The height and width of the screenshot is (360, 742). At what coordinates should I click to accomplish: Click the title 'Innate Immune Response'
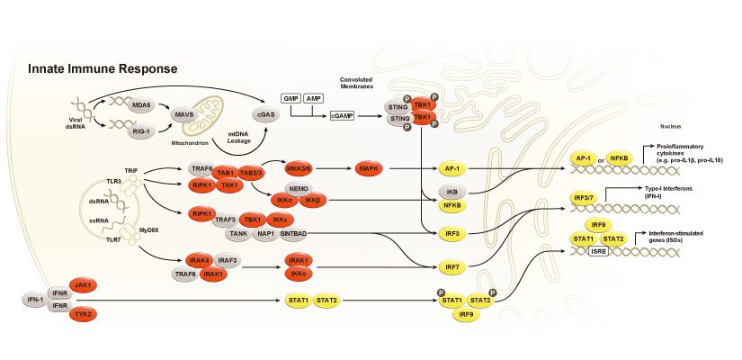[102, 69]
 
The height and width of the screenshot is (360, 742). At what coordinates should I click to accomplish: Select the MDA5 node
[141, 105]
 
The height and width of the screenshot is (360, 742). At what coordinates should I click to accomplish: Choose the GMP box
[291, 96]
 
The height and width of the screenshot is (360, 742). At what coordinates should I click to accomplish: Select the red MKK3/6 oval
[298, 168]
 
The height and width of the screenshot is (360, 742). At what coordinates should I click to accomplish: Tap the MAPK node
[371, 168]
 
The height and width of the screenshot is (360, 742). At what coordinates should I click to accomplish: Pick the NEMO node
[299, 187]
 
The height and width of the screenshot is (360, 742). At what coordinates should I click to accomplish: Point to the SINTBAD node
[293, 232]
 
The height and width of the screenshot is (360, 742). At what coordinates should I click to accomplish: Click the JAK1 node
[85, 283]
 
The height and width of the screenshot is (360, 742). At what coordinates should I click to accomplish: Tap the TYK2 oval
[85, 313]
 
